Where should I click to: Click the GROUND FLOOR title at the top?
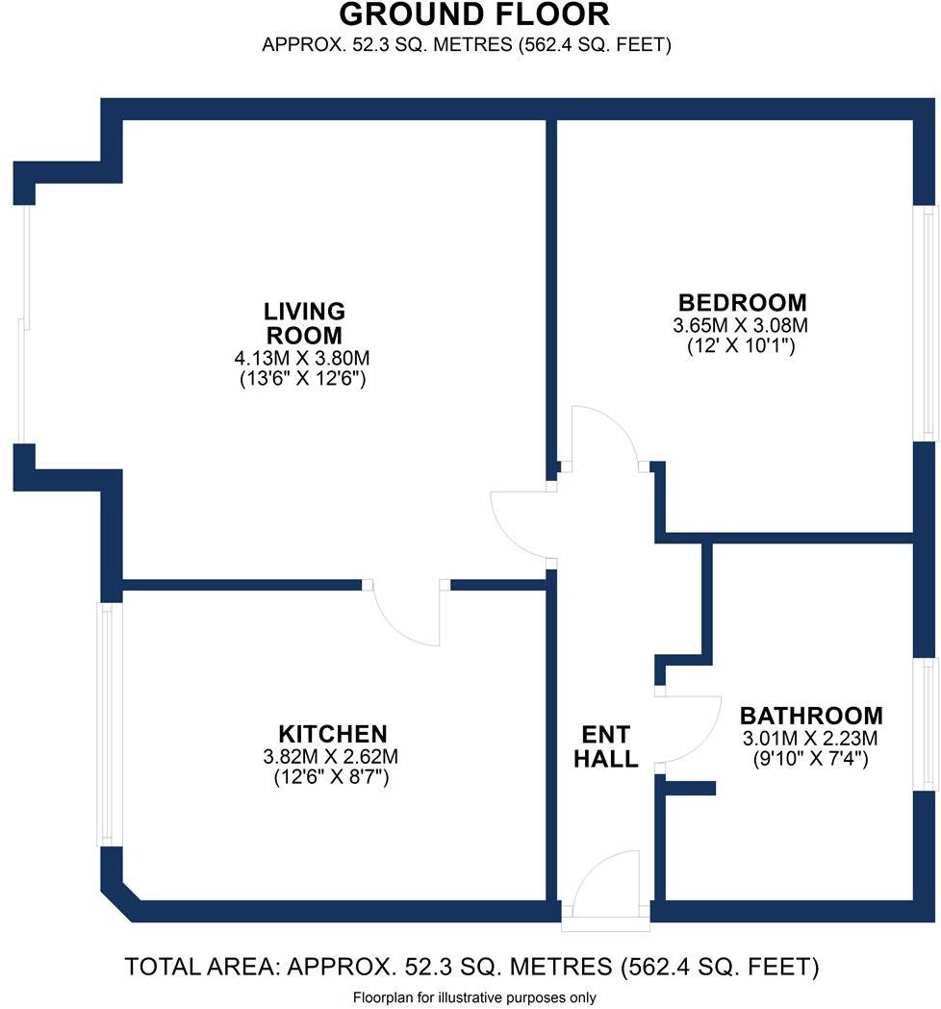tap(474, 15)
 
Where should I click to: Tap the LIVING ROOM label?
tap(304, 323)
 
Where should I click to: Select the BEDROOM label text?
tap(740, 302)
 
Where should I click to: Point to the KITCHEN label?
tap(333, 733)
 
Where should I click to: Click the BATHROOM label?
tap(810, 716)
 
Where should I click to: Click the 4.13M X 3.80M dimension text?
tap(303, 358)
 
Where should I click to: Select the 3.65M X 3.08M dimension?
tap(740, 325)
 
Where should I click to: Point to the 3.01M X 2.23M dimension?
tap(810, 739)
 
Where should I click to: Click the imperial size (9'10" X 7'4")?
tap(810, 758)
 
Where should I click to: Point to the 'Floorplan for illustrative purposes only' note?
tap(474, 997)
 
